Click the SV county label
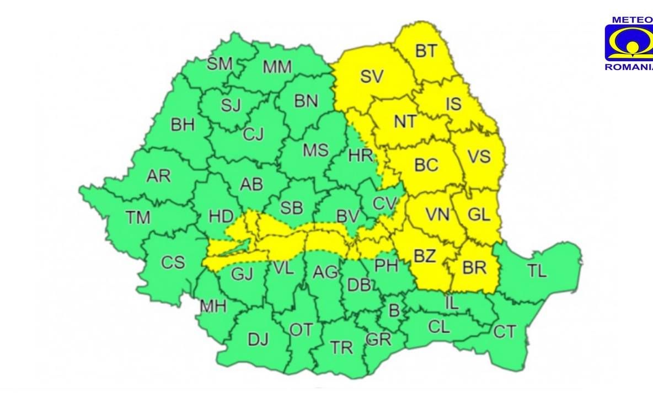(372, 77)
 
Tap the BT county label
(426, 51)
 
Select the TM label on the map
(137, 218)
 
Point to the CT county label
(505, 332)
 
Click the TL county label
(537, 271)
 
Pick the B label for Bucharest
(394, 310)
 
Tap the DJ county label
(258, 340)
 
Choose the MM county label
(277, 67)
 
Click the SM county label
(220, 64)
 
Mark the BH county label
(183, 125)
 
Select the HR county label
(361, 155)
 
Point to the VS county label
(479, 157)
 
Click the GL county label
(478, 214)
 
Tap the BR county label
(474, 268)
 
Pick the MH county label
(213, 307)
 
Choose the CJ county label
(254, 133)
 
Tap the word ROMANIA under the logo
(629, 67)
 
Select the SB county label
(291, 207)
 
